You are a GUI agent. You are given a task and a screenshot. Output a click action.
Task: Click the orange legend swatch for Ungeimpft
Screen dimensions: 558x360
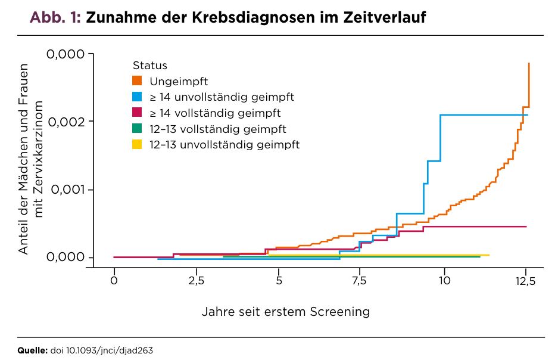click(x=137, y=81)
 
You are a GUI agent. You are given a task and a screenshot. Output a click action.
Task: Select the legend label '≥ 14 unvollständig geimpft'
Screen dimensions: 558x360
click(x=222, y=97)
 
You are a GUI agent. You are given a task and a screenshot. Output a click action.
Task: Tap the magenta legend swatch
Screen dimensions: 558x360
click(x=137, y=113)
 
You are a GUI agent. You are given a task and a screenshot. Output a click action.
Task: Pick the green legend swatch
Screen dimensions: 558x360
click(x=137, y=129)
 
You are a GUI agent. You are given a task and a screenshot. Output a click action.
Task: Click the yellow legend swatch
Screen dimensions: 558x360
click(x=137, y=144)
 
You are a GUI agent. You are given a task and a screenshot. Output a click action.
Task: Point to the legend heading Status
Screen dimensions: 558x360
click(x=150, y=66)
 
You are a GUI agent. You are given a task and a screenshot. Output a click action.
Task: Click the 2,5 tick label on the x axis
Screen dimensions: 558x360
click(x=196, y=281)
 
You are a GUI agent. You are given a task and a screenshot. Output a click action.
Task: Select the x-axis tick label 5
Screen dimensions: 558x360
click(x=279, y=281)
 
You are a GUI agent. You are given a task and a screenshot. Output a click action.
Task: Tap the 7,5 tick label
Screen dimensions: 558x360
click(x=359, y=281)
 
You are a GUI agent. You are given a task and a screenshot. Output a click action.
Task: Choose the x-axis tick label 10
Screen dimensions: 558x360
click(x=444, y=281)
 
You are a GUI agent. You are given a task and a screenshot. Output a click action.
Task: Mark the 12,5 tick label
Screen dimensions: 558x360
click(x=525, y=281)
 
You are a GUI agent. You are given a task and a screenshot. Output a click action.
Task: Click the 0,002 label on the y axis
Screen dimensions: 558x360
click(x=67, y=122)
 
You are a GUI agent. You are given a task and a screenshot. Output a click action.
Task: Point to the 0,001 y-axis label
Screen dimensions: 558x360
click(x=68, y=190)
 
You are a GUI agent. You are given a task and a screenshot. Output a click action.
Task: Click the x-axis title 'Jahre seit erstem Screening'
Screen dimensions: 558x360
click(x=286, y=312)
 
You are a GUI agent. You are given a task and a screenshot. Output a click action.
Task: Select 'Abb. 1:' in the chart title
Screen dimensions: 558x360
click(x=55, y=17)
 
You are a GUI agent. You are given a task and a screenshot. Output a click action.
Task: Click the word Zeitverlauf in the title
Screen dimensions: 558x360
click(x=385, y=17)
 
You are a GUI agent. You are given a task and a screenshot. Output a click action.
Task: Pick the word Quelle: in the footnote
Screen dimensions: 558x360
click(x=32, y=350)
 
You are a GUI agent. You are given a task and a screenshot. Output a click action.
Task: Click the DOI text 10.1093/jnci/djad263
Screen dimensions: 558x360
click(x=110, y=350)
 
